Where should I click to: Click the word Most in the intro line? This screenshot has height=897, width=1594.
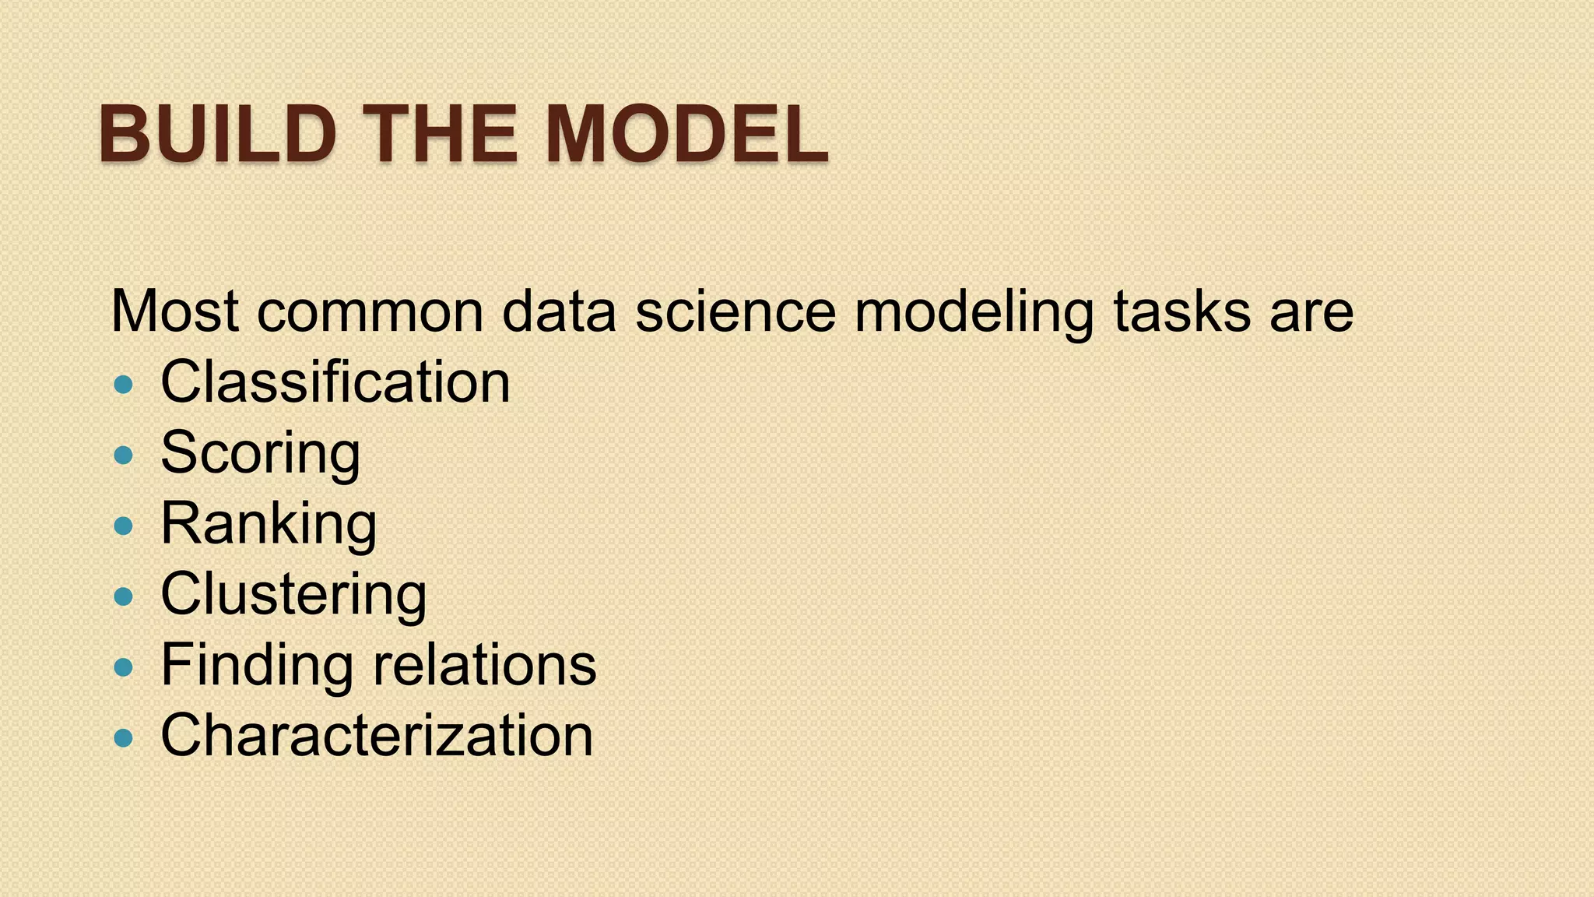pos(175,311)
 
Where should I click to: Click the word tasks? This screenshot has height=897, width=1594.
pos(1182,311)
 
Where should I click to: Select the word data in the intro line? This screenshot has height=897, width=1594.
pos(559,311)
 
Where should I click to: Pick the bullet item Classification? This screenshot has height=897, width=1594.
pos(335,382)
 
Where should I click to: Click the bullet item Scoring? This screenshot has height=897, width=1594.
pos(260,453)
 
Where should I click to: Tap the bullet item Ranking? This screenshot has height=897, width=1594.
pos(269,524)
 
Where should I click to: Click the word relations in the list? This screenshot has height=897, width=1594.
pos(484,665)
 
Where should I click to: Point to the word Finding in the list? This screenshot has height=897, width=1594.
pos(256,667)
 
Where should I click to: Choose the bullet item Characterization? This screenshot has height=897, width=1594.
pos(377,736)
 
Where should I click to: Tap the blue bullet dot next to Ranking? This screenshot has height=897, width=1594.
pos(123,526)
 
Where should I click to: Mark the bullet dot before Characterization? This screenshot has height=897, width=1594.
pos(123,737)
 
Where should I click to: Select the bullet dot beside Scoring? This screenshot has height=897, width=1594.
pos(123,455)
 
